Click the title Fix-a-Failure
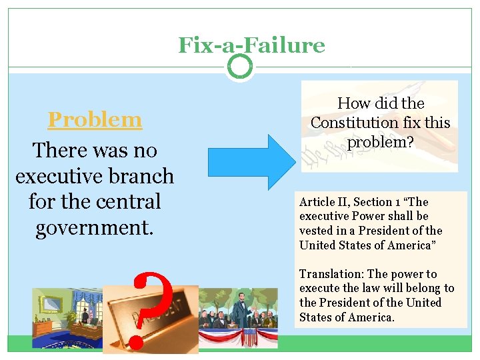251,45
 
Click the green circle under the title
239,66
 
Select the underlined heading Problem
95,119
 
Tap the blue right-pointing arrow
250,162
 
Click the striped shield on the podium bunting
250,337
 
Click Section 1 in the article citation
382,202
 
